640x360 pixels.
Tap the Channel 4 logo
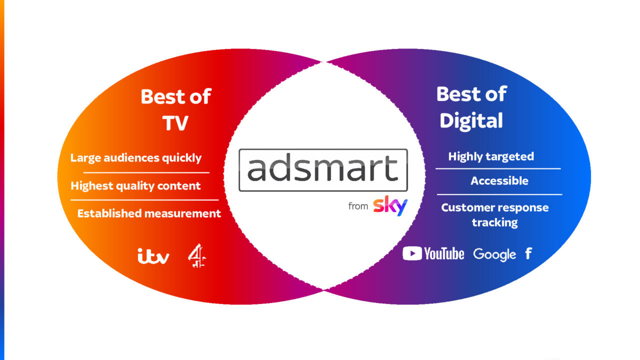coord(197,255)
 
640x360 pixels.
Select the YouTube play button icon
coord(412,253)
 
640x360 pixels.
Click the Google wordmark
coord(494,254)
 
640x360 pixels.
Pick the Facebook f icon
coord(528,253)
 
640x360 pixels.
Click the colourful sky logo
coord(390,205)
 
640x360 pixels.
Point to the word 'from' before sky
coord(358,206)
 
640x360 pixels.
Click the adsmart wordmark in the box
coord(323,168)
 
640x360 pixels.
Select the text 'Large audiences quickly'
coord(136,158)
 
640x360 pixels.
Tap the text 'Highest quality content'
coord(135,186)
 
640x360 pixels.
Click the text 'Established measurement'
coord(149,213)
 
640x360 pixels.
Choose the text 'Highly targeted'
coord(491,156)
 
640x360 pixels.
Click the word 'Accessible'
coord(499,181)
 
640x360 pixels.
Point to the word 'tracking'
coord(494,222)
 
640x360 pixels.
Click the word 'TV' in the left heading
coord(175,123)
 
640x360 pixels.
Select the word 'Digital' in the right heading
coord(471,120)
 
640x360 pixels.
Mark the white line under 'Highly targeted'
coord(498,169)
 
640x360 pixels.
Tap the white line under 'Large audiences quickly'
coord(146,172)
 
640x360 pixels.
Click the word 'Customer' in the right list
coord(466,207)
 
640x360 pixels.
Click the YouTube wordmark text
coord(444,253)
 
